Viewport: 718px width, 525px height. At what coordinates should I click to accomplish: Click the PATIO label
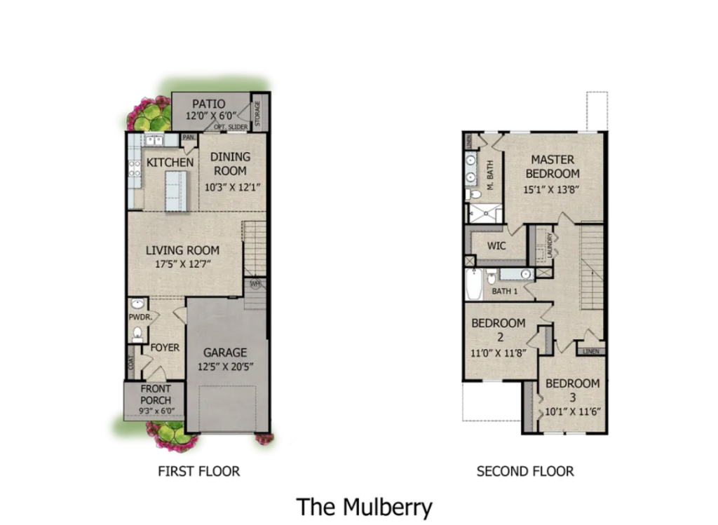click(209, 104)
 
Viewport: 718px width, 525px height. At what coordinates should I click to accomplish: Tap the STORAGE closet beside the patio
click(258, 112)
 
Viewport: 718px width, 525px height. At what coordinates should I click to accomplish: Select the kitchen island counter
click(176, 191)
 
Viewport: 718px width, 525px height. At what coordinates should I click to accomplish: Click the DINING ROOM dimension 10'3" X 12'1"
click(232, 187)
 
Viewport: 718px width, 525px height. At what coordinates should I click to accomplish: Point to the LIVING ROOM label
click(183, 250)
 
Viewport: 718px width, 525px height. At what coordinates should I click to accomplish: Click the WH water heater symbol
click(255, 284)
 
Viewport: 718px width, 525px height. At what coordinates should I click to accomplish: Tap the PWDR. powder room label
click(140, 317)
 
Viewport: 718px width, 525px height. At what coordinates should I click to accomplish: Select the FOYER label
click(165, 348)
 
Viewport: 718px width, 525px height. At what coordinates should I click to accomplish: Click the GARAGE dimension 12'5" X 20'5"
click(225, 367)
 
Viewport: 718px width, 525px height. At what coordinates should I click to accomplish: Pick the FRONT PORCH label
click(156, 395)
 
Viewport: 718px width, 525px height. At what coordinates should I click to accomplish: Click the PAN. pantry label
click(189, 137)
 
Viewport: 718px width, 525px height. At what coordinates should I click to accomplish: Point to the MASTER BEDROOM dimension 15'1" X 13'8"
click(552, 189)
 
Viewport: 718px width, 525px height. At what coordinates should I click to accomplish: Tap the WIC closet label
click(496, 246)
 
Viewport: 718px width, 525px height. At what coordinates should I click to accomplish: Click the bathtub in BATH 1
click(473, 285)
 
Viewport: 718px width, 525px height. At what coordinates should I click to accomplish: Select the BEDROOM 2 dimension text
click(499, 353)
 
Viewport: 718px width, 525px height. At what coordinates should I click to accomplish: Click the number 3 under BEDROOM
click(572, 397)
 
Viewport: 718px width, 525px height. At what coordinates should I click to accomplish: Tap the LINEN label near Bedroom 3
click(590, 352)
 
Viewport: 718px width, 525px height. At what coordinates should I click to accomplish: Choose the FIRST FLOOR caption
click(198, 472)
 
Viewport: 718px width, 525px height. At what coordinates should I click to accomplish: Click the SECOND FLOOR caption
click(525, 472)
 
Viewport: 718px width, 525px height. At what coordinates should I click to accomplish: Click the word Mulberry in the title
click(387, 507)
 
